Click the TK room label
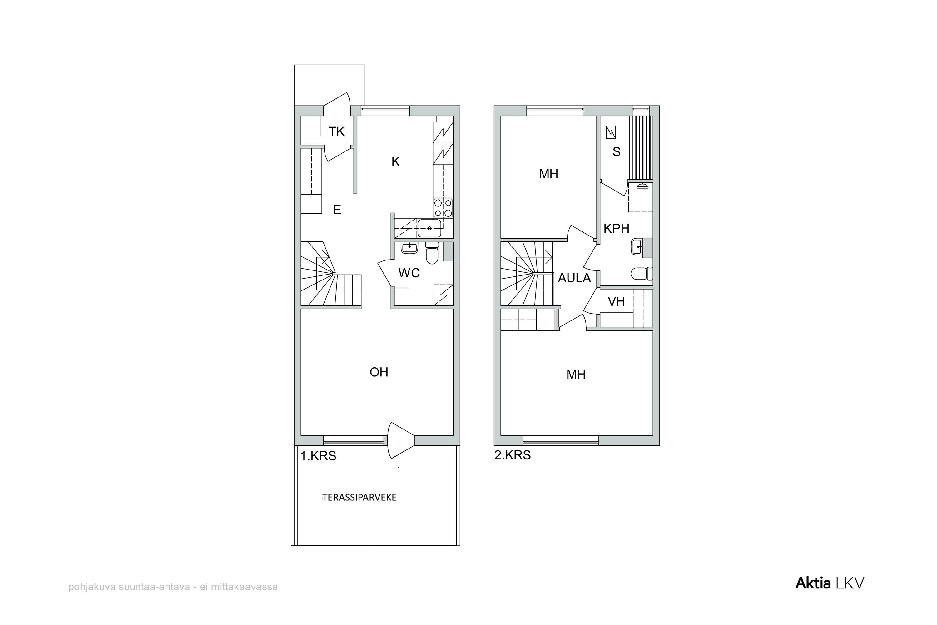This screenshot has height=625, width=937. (x=336, y=131)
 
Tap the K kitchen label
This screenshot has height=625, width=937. (x=395, y=162)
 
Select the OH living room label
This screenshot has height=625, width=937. (x=379, y=372)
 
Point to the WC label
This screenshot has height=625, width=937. (x=409, y=273)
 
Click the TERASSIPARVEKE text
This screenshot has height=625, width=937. (x=359, y=498)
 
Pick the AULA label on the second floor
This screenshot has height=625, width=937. (x=574, y=278)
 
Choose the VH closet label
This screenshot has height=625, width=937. (x=616, y=301)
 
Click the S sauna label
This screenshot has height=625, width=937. (x=617, y=152)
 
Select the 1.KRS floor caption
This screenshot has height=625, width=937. (x=318, y=456)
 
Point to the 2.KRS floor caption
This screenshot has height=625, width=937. (x=513, y=455)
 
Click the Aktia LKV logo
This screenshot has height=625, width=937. (x=830, y=583)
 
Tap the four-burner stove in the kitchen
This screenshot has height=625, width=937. (x=443, y=208)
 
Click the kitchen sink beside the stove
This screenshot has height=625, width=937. (x=429, y=228)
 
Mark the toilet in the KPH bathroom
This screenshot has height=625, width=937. (x=642, y=274)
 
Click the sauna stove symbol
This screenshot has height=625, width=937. (x=611, y=132)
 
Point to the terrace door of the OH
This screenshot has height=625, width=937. (x=400, y=440)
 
